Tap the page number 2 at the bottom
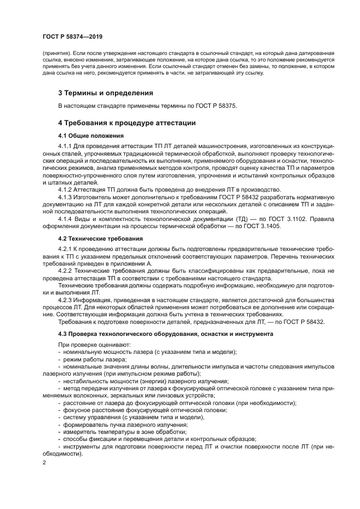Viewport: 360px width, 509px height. pos(45,463)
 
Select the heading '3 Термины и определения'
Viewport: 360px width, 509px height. pos(106,93)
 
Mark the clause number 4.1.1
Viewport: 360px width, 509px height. pos(66,147)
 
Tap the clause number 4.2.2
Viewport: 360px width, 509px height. pos(66,270)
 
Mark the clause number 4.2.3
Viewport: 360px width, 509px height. pos(66,299)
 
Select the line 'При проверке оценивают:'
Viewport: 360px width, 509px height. pos(91,345)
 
